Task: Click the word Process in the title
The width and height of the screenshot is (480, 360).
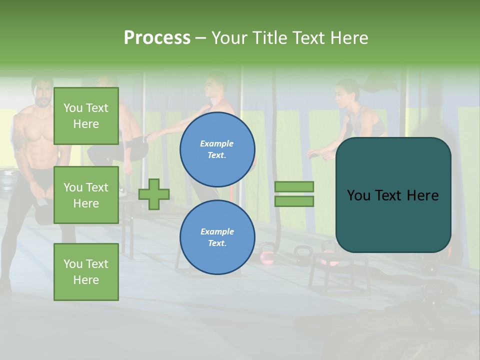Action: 157,37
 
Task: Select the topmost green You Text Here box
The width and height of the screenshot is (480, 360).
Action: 86,116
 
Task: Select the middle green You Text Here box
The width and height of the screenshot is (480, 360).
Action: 86,195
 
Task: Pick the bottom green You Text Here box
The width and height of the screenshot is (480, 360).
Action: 86,272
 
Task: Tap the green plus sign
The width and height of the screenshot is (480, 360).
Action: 154,194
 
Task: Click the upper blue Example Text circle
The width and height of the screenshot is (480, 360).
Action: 217,149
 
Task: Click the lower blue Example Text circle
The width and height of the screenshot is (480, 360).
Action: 217,237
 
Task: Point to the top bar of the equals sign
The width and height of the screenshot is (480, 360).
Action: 294,186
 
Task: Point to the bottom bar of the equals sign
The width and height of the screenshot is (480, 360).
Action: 294,201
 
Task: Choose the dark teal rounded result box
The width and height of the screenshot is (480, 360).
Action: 393,195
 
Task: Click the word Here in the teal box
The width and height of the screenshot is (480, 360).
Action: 422,195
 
